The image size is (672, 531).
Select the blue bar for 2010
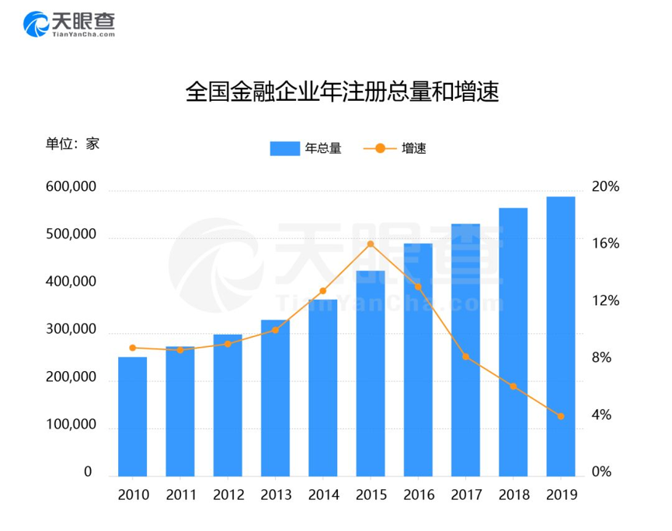[132, 416]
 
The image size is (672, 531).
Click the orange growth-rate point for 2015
[370, 245]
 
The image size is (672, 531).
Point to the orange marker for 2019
[560, 416]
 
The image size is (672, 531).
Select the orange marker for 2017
[465, 356]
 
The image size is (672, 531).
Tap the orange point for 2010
[132, 348]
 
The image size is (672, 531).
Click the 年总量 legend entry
[305, 148]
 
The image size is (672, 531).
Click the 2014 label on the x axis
[322, 495]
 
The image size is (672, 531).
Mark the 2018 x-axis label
[513, 495]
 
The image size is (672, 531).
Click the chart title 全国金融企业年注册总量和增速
[336, 93]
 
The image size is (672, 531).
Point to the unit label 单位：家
[71, 143]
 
